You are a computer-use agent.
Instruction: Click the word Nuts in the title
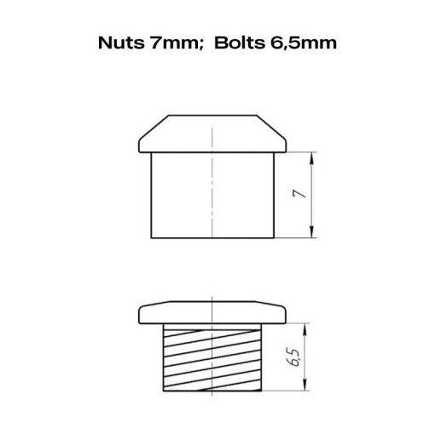click(x=121, y=43)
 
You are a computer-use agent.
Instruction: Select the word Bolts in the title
click(x=239, y=43)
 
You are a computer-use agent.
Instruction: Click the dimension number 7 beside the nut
click(x=300, y=194)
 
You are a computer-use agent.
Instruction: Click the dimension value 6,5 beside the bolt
click(x=293, y=357)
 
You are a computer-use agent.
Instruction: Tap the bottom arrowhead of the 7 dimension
click(x=312, y=232)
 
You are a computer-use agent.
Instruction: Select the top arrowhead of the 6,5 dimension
click(x=304, y=329)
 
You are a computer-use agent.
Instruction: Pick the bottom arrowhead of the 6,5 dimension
click(x=304, y=385)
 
